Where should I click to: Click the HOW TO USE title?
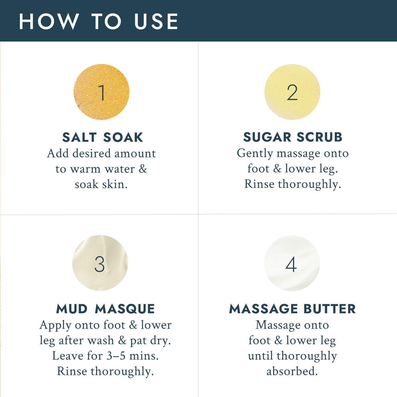98,21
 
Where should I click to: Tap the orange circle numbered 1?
101,92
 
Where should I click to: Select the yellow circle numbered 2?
292,92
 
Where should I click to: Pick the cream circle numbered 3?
100,263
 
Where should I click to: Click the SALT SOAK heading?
103,137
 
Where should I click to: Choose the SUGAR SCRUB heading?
293,137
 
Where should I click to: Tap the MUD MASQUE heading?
106,309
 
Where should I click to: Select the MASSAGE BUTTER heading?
292,309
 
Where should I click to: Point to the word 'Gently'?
255,154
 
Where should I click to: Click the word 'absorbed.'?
292,371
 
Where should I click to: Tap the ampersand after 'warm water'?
143,169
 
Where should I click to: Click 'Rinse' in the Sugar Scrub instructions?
259,184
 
